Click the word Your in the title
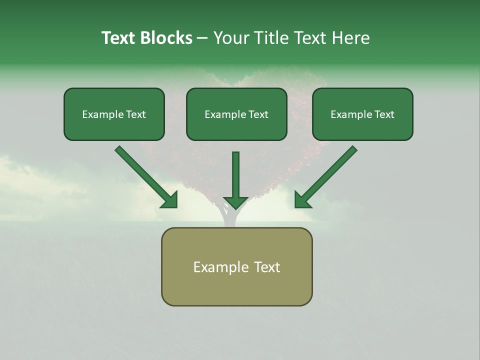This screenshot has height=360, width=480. tap(230, 38)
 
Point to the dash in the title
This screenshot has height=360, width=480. tap(202, 38)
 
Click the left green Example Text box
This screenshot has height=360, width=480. tap(114, 114)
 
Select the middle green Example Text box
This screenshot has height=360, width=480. tap(236, 114)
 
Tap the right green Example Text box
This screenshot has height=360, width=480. tap(362, 114)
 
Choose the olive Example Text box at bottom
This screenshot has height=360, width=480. tap(236, 267)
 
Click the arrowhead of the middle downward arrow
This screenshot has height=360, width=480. tap(235, 202)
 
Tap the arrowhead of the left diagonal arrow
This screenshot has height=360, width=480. tap(169, 199)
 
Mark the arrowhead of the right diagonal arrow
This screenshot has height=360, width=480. tap(302, 199)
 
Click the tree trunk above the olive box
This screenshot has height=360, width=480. tap(229, 218)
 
